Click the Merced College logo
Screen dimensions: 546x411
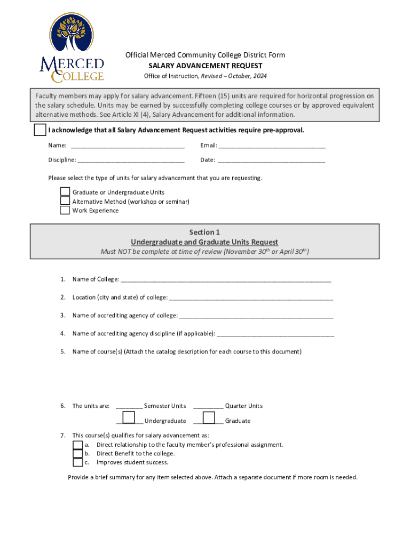point(72,49)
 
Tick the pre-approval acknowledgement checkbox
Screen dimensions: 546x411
point(40,131)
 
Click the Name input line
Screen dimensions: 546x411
point(128,146)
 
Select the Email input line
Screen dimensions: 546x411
point(272,146)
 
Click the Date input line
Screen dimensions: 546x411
point(272,160)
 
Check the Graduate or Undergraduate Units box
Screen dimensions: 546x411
point(65,192)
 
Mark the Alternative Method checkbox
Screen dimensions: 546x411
point(65,201)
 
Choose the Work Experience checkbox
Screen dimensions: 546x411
point(65,210)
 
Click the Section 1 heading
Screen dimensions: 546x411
point(204,232)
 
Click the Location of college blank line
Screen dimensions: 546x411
point(251,298)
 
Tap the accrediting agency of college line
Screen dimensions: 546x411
point(256,316)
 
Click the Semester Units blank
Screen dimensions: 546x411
point(129,406)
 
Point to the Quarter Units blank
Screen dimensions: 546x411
point(208,406)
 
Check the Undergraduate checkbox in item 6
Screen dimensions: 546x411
point(129,417)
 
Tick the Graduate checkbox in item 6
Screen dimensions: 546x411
point(209,417)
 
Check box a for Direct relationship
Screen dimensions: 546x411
point(78,445)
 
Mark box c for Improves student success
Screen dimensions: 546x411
point(78,463)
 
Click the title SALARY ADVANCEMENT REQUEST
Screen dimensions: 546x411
point(205,66)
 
